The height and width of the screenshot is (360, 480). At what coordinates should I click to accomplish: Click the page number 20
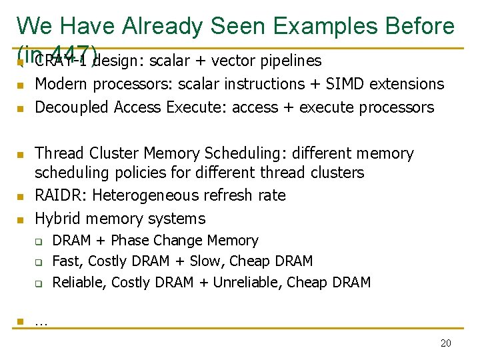(x=446, y=343)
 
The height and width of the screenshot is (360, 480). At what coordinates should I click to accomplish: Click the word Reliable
(x=79, y=283)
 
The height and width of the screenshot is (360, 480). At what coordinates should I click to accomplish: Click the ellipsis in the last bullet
(x=41, y=322)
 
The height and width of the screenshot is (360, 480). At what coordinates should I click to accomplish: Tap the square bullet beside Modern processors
(x=21, y=85)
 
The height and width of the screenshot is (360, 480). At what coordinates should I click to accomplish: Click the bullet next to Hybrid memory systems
(x=21, y=219)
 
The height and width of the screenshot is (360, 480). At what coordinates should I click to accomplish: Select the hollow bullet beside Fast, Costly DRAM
(x=39, y=262)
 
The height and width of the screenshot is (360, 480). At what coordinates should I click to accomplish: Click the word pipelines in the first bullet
(x=290, y=61)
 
